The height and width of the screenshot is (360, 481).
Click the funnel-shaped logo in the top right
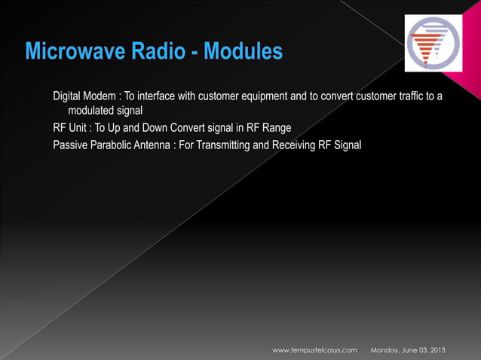(436, 45)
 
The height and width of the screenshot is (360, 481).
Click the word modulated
(93, 111)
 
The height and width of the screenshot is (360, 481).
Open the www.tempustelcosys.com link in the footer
(314, 351)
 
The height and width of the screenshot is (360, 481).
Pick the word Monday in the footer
(385, 351)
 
